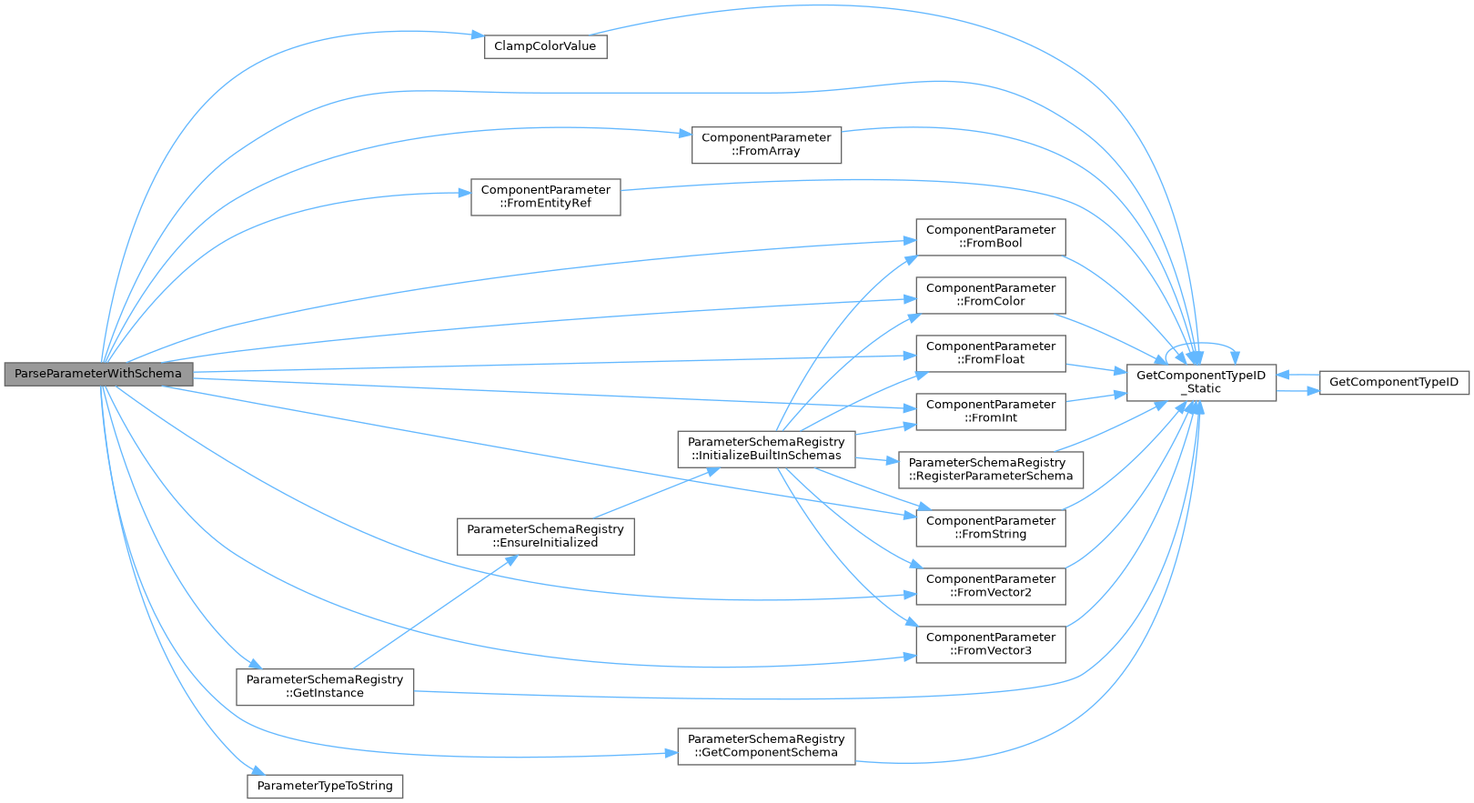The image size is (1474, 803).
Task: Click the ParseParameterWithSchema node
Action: pyautogui.click(x=98, y=374)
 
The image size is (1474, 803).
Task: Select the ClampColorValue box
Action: pyautogui.click(x=545, y=46)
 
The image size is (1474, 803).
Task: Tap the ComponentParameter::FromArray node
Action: pyautogui.click(x=766, y=145)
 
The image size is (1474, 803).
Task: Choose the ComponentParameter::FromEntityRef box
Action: pyautogui.click(x=545, y=196)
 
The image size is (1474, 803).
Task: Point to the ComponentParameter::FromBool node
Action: pyautogui.click(x=990, y=236)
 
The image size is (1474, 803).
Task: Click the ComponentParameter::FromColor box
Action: pyautogui.click(x=990, y=295)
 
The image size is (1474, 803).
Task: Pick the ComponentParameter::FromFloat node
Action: pyautogui.click(x=990, y=353)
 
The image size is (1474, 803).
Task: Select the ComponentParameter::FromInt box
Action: pyautogui.click(x=990, y=411)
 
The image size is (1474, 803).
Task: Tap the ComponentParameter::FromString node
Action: pyautogui.click(x=990, y=527)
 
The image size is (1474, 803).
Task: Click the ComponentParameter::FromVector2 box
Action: pyautogui.click(x=990, y=586)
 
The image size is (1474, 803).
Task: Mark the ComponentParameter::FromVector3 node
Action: pyautogui.click(x=990, y=644)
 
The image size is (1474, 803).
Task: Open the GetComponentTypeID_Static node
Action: pyautogui.click(x=1201, y=382)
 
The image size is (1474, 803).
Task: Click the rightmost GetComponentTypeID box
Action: pyautogui.click(x=1393, y=382)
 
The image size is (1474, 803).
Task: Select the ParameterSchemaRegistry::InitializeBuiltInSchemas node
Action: pyautogui.click(x=766, y=449)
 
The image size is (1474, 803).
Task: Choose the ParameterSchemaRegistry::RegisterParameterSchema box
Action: pyautogui.click(x=990, y=469)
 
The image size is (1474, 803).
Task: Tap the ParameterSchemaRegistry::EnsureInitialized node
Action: pyautogui.click(x=545, y=536)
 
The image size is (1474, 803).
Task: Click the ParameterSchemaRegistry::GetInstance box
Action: pyautogui.click(x=325, y=687)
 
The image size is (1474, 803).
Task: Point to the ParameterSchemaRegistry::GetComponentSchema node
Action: pyautogui.click(x=766, y=746)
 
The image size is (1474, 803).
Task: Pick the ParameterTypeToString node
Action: pyautogui.click(x=325, y=786)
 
